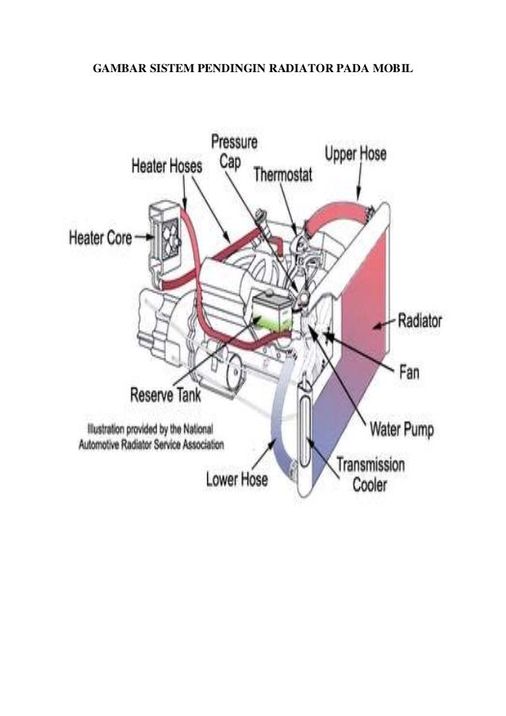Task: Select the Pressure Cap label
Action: coord(234,151)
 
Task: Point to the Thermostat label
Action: coord(286,174)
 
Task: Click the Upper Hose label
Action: coord(356,153)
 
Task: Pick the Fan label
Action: coord(408,371)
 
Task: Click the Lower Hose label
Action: coord(236,479)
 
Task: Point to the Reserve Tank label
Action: coord(166,394)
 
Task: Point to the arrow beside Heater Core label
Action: coord(144,236)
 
